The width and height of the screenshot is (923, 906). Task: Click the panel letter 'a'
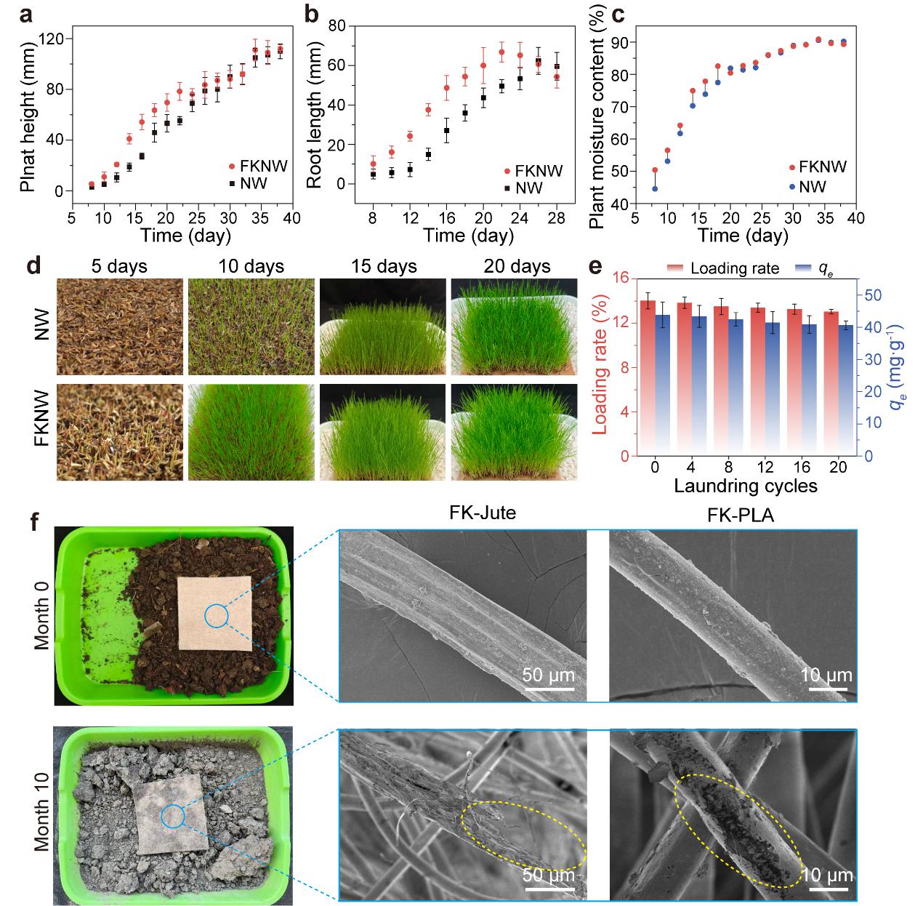click(x=27, y=14)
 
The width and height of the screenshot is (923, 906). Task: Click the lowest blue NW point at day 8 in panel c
click(x=655, y=189)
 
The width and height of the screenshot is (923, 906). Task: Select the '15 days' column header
click(x=384, y=266)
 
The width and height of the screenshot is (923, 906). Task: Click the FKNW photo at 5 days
click(x=119, y=432)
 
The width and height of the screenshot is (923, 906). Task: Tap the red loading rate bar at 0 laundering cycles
click(x=648, y=378)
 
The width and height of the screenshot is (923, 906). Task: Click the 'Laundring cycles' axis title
click(x=746, y=486)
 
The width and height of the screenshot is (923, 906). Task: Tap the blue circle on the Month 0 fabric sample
click(x=217, y=616)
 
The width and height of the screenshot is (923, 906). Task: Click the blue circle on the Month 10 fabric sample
click(x=172, y=817)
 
